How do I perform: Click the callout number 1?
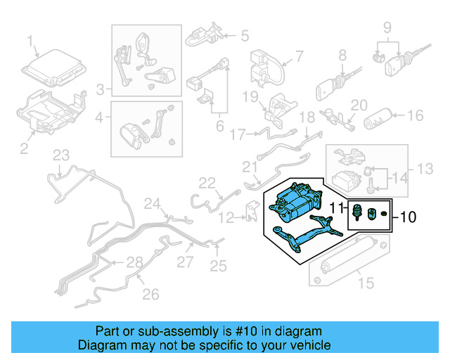point(30,41)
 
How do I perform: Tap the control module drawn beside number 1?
point(54,68)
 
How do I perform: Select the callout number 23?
point(61,155)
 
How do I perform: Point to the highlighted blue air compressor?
point(295,202)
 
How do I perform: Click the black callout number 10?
point(408,217)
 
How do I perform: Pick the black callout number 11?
point(336,208)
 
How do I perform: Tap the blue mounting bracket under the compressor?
point(308,233)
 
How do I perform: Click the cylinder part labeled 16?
point(378,118)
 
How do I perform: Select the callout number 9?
point(387,28)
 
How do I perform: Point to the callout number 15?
point(366,283)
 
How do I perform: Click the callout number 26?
point(150,295)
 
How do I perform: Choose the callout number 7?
point(299,56)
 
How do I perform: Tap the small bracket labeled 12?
point(252,212)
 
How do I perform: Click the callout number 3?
point(100,89)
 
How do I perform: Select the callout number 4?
point(99,117)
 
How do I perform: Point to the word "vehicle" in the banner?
point(312,345)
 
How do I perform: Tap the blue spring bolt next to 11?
point(356,212)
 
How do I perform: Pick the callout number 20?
point(359,105)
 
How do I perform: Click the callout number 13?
point(425,169)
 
